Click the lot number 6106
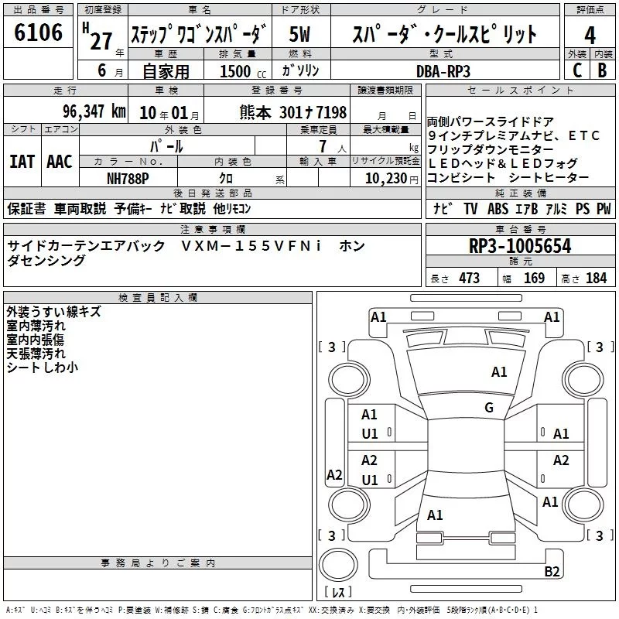38,33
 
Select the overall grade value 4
590,36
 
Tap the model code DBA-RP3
443,70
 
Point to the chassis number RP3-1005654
519,247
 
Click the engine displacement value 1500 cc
235,70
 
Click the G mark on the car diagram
489,408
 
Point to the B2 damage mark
552,572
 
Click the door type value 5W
300,35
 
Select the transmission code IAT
22,162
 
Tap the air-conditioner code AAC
59,162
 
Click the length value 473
468,279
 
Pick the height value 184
597,279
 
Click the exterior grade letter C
576,70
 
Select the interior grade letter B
603,70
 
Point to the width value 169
534,279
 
